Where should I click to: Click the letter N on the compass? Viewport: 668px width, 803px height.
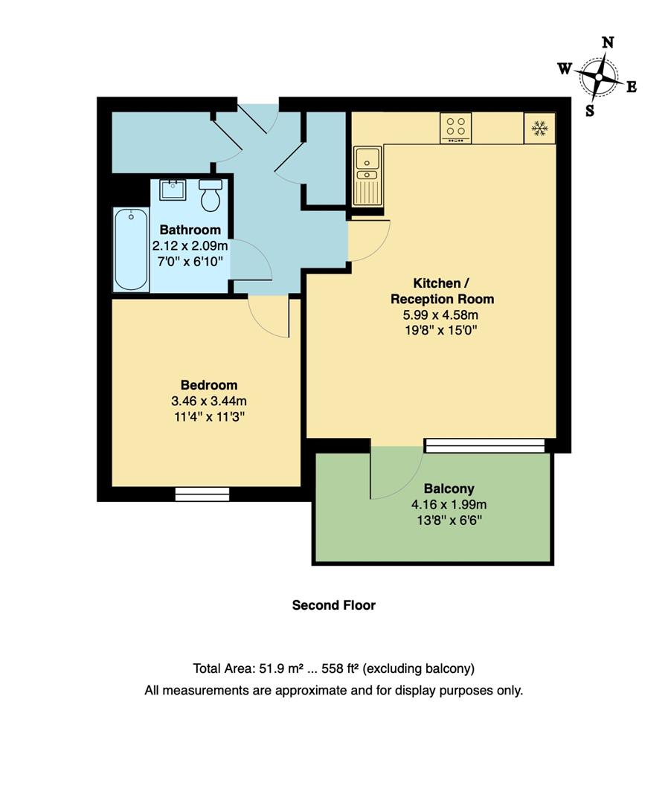pos(607,43)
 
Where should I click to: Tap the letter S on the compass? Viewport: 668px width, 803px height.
pos(590,110)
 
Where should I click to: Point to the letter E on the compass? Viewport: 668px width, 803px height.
pos(631,87)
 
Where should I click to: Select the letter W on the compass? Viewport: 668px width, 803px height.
pos(565,68)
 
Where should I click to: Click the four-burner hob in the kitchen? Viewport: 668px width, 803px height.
pos(456,128)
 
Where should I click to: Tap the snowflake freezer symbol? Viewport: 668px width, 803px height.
pos(539,129)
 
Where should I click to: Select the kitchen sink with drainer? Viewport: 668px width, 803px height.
pos(367,175)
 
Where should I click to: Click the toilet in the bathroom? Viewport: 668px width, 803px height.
pos(211,195)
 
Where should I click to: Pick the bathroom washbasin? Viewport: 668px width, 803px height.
pos(172,190)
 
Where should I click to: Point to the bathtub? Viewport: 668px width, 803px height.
pos(131,249)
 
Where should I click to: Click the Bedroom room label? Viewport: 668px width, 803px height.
pos(209,385)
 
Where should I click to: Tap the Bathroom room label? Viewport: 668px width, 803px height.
pos(190,230)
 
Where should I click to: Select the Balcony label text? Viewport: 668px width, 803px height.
pos(449,489)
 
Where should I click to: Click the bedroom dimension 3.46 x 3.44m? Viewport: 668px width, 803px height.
pos(208,401)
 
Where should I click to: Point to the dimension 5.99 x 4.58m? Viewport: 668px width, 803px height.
pos(443,315)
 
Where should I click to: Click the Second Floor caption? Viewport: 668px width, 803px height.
pos(333,605)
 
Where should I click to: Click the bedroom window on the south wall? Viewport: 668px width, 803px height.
pos(202,494)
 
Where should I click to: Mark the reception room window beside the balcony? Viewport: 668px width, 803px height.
pos(485,445)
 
